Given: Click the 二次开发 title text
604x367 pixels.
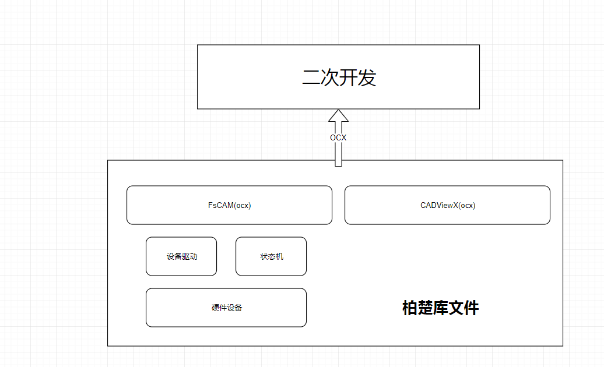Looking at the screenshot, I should coord(339,77).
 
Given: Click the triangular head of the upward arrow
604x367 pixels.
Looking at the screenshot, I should coord(338,116).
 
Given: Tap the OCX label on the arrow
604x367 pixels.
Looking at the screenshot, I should coord(338,138).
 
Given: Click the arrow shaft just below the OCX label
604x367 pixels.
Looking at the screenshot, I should coord(338,154).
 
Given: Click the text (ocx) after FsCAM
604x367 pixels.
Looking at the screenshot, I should coord(241,205).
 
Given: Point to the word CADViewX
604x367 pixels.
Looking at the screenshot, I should coord(439,205).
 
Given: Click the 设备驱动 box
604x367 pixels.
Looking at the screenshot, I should coord(181,256).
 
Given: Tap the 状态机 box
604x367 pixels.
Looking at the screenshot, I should coord(271,256).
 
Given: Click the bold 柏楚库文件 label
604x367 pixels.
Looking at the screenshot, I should coord(440,308).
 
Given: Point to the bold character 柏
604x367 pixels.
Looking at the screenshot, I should coord(410,308).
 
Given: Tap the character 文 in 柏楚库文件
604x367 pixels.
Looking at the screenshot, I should coord(456,308).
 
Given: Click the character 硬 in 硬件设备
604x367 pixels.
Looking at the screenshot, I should coord(215,308).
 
